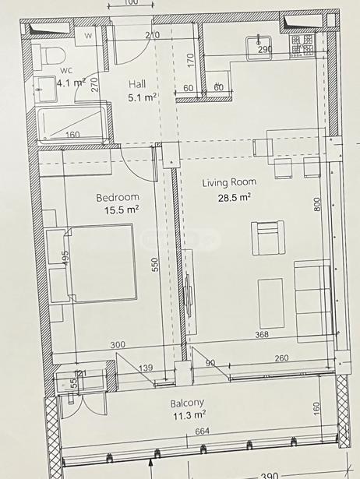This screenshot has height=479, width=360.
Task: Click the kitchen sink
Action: [x=259, y=48]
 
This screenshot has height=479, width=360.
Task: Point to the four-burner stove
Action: [x=302, y=45]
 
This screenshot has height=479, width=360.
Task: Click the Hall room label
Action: [x=137, y=83]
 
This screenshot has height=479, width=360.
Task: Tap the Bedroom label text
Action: [x=118, y=197]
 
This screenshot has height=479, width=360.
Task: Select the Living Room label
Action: [x=229, y=182]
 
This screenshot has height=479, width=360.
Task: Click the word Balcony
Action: [x=187, y=403]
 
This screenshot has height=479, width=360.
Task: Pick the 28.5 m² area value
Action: [x=235, y=197]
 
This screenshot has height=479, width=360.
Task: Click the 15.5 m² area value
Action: [x=122, y=210]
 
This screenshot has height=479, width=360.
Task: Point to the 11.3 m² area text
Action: [x=189, y=415]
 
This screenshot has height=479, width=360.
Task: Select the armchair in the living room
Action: [x=268, y=238]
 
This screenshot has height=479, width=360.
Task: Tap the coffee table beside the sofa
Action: [x=270, y=303]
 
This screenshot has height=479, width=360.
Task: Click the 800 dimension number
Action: [x=317, y=204]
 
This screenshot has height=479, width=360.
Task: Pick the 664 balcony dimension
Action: [x=202, y=431]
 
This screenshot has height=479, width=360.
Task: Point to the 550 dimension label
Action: [x=155, y=265]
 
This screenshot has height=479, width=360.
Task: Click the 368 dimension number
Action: [x=262, y=334]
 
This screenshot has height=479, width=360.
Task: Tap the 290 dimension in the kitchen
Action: [x=265, y=49]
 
